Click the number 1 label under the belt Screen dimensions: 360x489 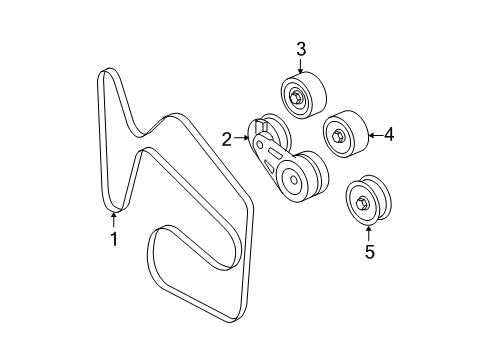[113, 239]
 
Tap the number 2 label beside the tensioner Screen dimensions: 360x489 [226, 140]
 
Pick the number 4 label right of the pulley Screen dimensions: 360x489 [390, 132]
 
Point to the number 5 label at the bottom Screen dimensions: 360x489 [368, 252]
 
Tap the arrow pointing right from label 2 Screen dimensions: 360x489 [245, 140]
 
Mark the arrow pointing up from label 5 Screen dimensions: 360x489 [368, 233]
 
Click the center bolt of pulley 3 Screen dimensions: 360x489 [298, 97]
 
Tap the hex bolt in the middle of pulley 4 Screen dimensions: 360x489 [339, 135]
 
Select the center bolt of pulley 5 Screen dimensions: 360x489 [362, 204]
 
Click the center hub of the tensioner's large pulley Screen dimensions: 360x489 [291, 181]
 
